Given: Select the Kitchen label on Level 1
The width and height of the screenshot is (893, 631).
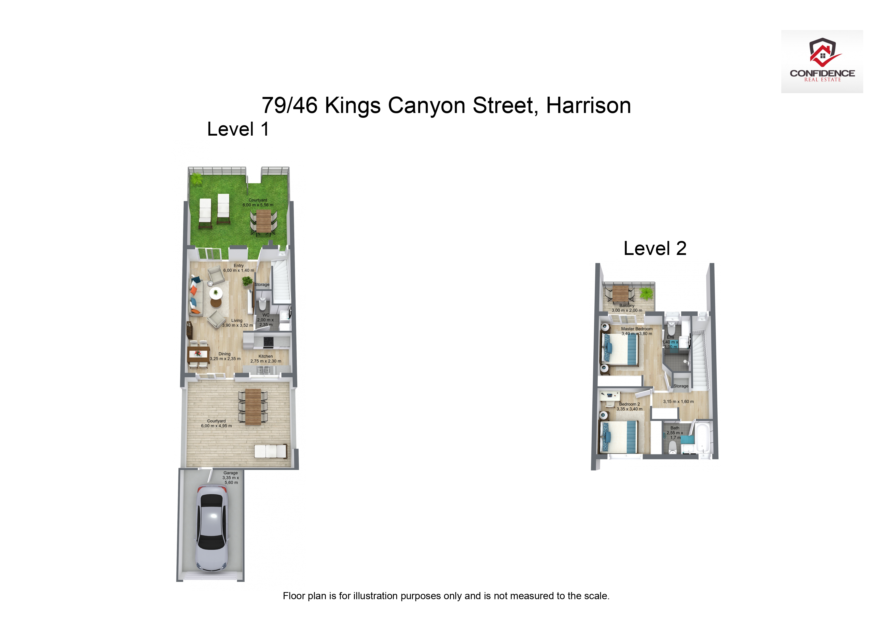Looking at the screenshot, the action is [266, 359].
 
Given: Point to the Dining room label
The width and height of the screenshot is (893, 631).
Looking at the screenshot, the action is [225, 356].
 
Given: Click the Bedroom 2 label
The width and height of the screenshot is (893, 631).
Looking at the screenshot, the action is [629, 407].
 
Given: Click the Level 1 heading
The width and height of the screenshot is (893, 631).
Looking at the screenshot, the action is [238, 129].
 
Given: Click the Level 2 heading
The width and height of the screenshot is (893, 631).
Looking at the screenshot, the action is [655, 248].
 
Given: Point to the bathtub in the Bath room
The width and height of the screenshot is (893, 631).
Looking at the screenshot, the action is [703, 439].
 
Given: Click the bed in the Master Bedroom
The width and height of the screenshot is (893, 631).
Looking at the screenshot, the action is [620, 350].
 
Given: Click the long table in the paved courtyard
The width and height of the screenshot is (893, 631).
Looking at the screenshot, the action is [253, 407].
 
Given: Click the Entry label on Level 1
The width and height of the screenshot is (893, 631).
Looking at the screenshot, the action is [239, 268].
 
